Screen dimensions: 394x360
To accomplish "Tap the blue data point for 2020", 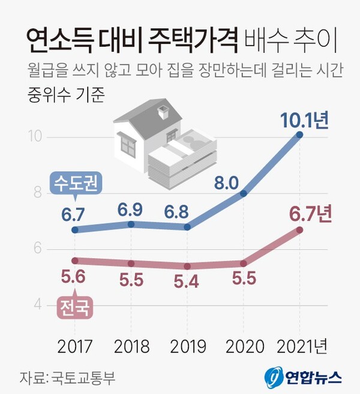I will click(244, 193).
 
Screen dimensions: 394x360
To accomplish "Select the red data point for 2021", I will click(300, 230).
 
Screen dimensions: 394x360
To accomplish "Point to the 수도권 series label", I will click(75, 181).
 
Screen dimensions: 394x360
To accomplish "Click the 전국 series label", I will click(74, 308).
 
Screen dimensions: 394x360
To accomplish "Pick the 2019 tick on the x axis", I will click(187, 346).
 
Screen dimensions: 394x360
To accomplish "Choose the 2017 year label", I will click(75, 346).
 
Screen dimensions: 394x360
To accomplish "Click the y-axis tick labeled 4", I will click(37, 305).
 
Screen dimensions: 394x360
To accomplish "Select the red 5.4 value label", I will click(187, 282).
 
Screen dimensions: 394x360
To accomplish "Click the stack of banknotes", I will click(183, 156).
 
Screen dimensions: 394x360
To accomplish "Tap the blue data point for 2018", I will click(131, 224).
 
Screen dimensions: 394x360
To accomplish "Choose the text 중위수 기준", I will click(65, 95).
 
